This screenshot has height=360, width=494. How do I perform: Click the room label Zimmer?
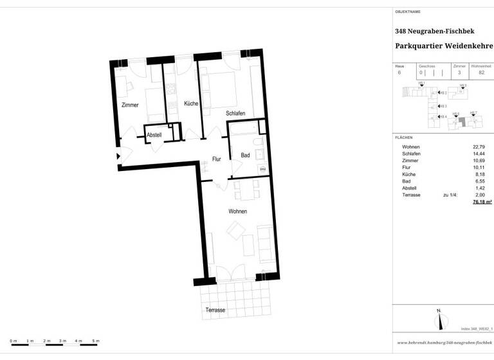click(129, 105)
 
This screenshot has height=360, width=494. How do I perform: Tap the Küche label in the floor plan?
click(191, 104)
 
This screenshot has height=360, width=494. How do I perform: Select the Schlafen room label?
click(235, 113)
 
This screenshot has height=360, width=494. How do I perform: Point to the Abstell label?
click(154, 135)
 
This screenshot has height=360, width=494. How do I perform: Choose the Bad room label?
click(245, 155)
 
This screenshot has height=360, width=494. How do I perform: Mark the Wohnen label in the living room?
click(237, 212)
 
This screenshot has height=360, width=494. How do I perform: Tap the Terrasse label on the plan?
click(215, 310)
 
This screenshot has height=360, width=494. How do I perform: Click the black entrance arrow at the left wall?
click(118, 156)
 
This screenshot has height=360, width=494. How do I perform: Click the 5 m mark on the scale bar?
click(96, 340)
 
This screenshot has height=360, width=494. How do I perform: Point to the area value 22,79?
click(478, 147)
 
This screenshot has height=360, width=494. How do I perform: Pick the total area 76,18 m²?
click(482, 202)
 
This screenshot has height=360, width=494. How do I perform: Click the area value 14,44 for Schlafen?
click(478, 154)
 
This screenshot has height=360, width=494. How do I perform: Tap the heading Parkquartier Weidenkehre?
click(443, 46)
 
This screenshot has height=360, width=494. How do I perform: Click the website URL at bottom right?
click(444, 343)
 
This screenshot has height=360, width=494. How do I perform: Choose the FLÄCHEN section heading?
click(404, 138)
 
